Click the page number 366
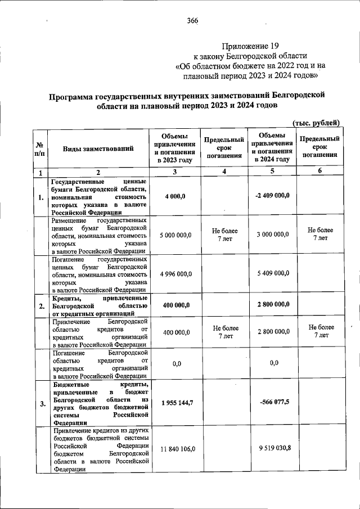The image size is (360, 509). (x=192, y=21)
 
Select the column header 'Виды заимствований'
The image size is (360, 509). (x=98, y=149)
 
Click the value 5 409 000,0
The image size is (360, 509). (x=273, y=273)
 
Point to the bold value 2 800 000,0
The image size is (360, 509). (x=273, y=305)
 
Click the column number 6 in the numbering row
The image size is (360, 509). (x=319, y=172)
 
